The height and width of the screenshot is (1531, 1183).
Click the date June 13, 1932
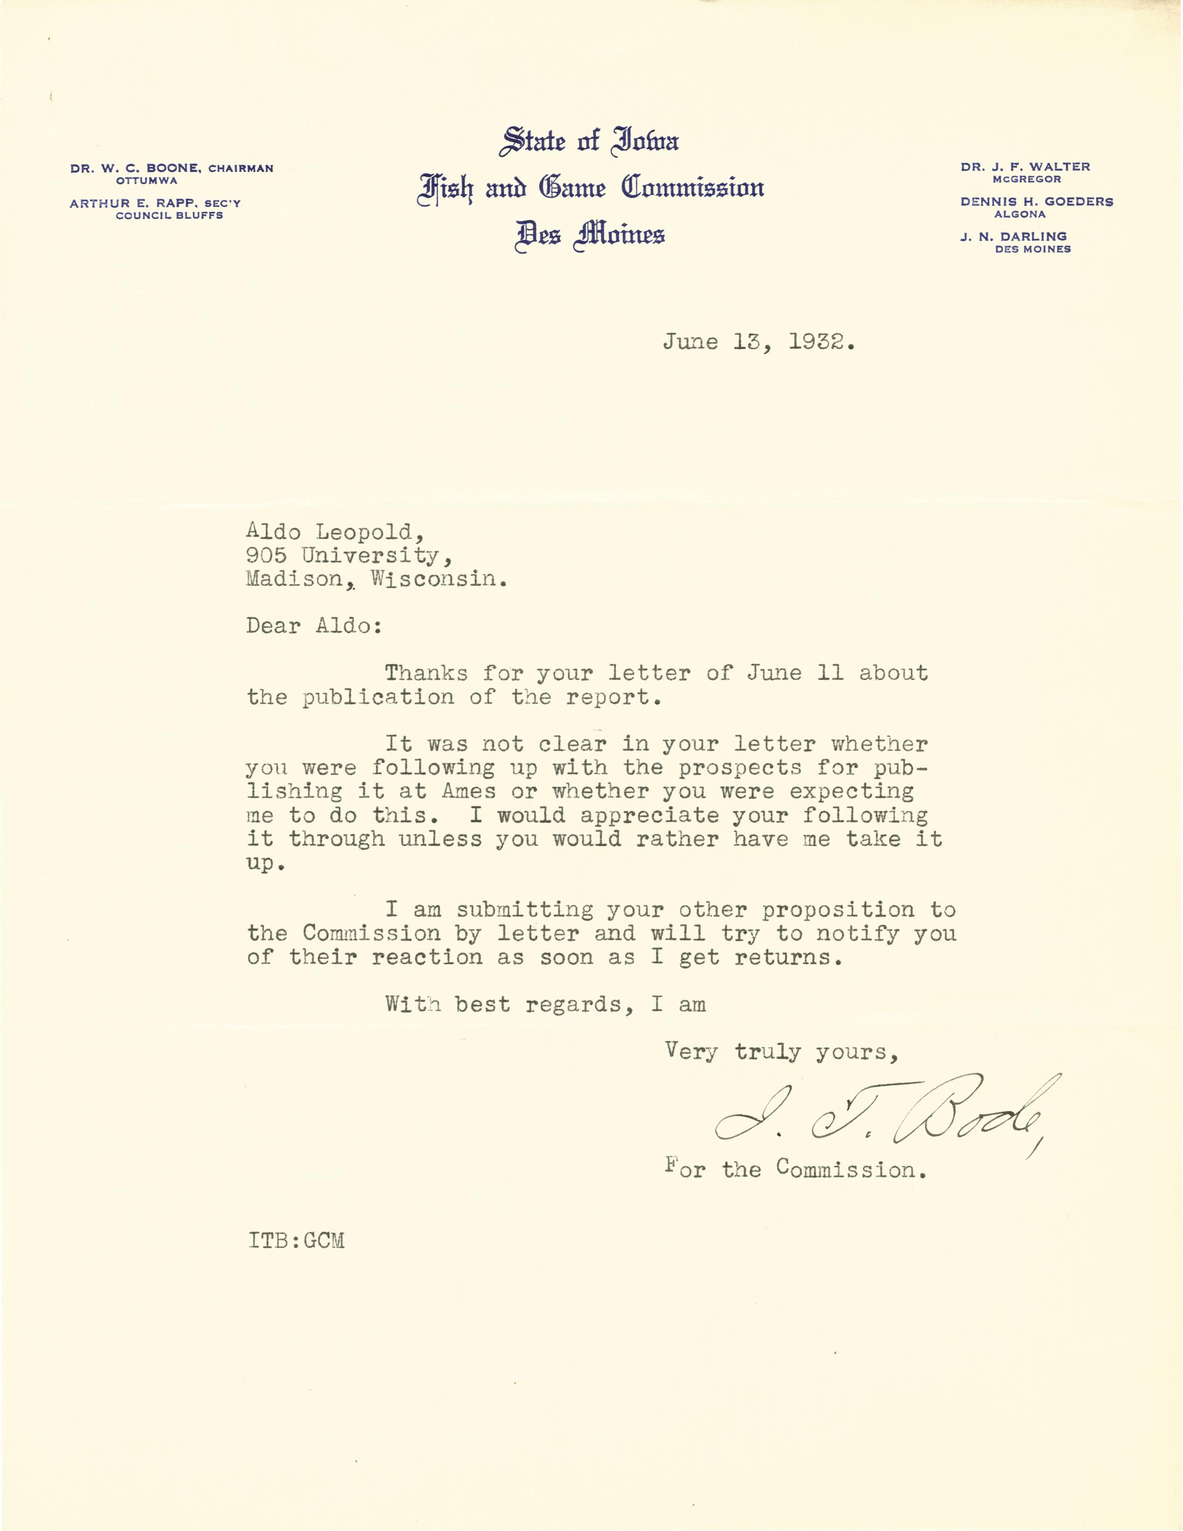coord(759,343)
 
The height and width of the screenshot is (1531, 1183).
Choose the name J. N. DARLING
coord(1013,237)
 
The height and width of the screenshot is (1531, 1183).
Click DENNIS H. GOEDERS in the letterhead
coord(1037,202)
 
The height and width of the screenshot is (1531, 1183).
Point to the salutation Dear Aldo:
coord(314,626)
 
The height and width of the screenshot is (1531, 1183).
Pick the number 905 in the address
coord(266,556)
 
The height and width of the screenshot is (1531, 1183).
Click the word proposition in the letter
coord(838,910)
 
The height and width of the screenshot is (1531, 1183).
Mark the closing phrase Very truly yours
coord(781,1052)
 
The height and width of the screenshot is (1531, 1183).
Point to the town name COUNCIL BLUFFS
coord(170,216)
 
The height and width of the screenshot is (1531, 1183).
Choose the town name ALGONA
coord(1020,215)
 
